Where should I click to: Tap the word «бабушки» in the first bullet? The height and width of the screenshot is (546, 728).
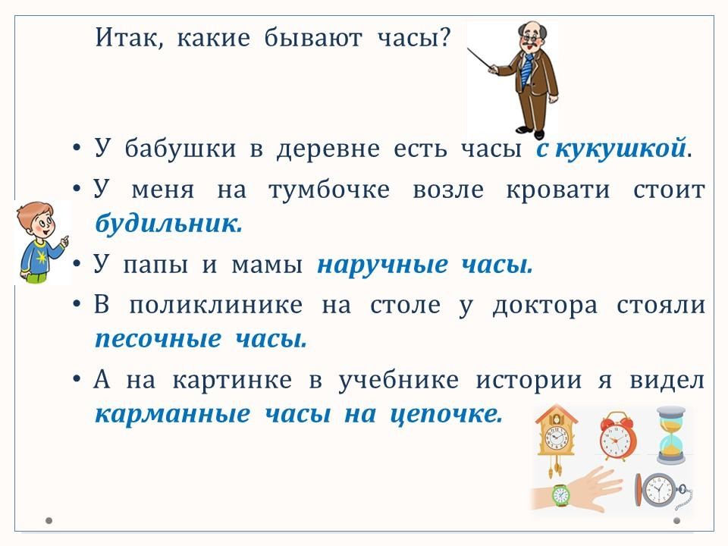point(180,149)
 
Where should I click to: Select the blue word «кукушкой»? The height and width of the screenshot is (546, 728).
point(620,149)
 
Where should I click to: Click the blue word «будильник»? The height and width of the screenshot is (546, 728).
point(168,224)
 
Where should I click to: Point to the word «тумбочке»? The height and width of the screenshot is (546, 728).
point(328,190)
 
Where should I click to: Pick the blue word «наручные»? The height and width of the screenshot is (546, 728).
point(382,265)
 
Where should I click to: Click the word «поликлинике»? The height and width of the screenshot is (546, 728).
point(216,306)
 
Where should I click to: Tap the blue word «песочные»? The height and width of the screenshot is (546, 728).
point(158,339)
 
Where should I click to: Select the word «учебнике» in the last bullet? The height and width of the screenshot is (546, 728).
point(398,380)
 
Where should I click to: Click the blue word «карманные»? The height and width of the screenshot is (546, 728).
point(172,414)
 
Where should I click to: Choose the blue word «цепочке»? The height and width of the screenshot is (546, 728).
point(446,414)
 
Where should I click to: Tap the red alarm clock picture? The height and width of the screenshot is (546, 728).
point(618,436)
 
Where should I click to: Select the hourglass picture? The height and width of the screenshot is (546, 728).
point(671,435)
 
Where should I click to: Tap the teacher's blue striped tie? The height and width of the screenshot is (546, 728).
point(527,70)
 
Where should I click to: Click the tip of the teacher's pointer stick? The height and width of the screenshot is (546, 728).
point(468,48)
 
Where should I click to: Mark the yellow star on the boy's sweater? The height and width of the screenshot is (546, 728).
point(42,257)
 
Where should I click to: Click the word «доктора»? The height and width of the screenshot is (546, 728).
point(544,306)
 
